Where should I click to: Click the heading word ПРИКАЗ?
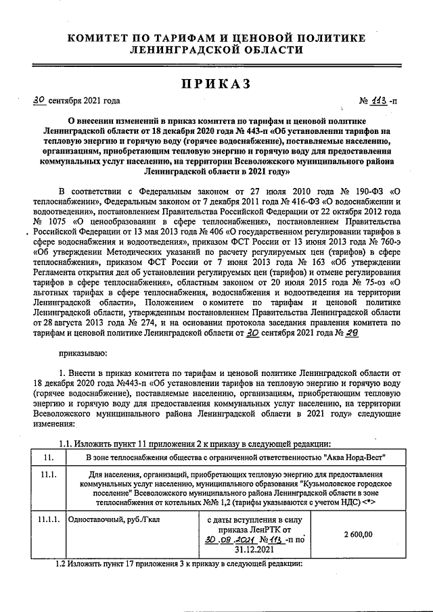215,84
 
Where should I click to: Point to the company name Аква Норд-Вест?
353,458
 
